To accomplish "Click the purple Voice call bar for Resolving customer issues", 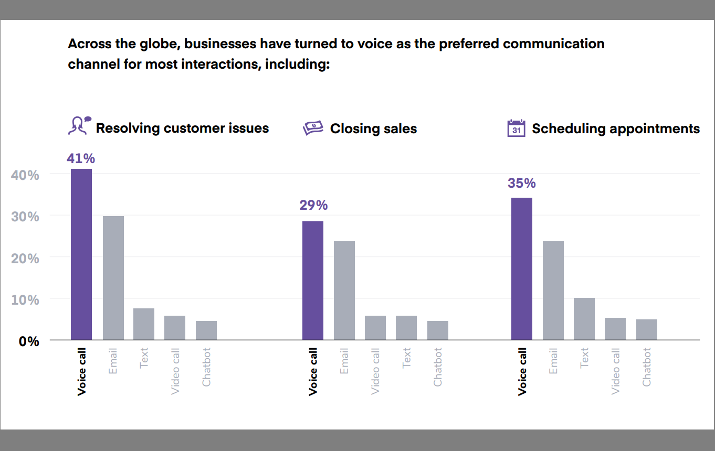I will [81, 254].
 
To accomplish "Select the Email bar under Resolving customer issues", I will [113, 278].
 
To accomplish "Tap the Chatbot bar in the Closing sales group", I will [438, 330].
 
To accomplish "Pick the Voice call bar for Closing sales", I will [313, 281].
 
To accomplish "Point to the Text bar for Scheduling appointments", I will [584, 319].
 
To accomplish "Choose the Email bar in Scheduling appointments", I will [553, 291].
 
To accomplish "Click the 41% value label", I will [81, 158].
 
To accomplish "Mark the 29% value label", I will [313, 205].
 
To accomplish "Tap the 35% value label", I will [521, 183].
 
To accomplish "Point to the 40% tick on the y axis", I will [25, 175].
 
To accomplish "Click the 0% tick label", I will [29, 341].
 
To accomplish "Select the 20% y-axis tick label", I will [25, 259].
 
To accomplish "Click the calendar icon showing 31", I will [516, 128].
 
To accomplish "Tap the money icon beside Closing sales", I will [313, 128].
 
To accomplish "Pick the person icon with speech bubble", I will [79, 125].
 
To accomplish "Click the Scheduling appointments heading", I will [615, 129].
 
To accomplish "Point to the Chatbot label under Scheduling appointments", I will [647, 367].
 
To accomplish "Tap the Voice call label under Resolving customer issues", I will [81, 371].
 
